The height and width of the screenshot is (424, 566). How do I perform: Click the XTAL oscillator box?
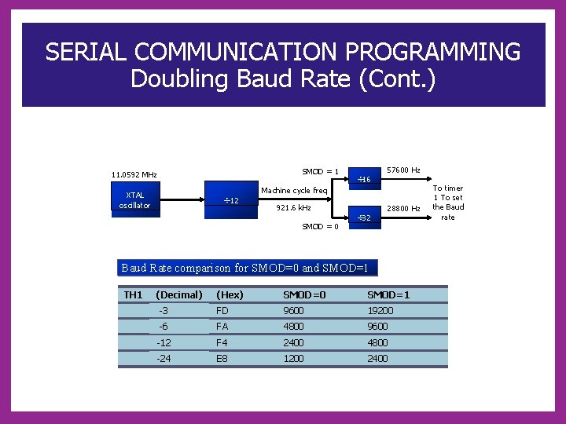coord(134,200)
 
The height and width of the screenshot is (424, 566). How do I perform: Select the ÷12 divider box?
coord(231,200)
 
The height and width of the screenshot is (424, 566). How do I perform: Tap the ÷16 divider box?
coord(364,180)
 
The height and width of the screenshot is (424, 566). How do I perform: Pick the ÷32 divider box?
coord(364,217)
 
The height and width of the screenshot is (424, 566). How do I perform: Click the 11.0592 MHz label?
coord(134,174)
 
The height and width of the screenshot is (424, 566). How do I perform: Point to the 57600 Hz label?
coord(403,170)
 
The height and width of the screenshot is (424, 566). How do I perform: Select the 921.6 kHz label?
coord(294,208)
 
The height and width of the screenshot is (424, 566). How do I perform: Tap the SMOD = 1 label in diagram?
coord(321,172)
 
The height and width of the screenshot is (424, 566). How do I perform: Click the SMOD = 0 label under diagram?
coord(321,227)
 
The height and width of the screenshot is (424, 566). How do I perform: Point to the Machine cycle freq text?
coord(294,191)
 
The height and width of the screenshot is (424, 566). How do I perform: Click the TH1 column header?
coord(134,295)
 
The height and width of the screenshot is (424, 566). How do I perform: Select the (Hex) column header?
coord(230,295)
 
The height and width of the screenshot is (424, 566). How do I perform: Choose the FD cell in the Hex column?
coord(222,311)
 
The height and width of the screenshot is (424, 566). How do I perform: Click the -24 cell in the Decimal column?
coord(164,359)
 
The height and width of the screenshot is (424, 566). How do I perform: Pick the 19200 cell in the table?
coord(380,311)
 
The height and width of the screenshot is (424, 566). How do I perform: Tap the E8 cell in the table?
coord(222,359)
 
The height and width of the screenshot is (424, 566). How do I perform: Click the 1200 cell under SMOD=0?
coord(295,359)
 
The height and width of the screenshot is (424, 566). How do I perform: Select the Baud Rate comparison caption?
coord(245,269)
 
